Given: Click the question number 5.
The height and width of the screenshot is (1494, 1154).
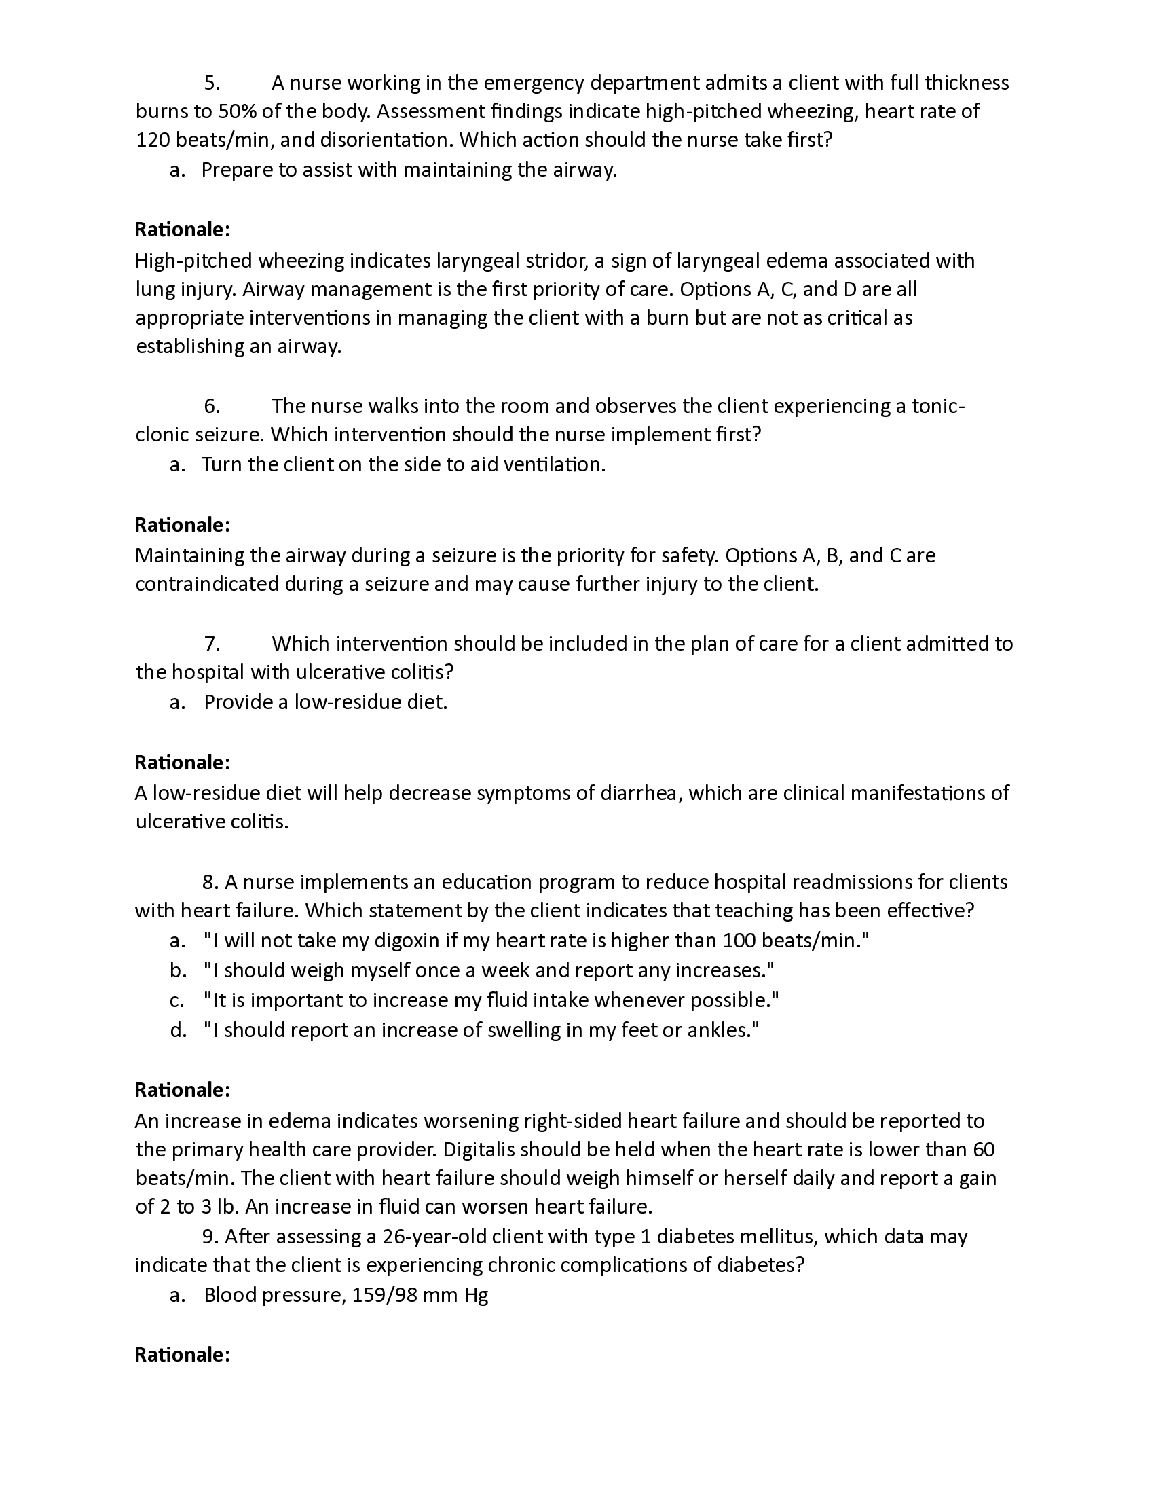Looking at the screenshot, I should (x=212, y=84).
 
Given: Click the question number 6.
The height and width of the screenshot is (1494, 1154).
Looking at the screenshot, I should (x=212, y=406).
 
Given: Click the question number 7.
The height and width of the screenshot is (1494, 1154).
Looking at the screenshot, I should (x=212, y=644).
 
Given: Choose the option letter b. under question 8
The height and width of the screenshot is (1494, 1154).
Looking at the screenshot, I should (x=178, y=970).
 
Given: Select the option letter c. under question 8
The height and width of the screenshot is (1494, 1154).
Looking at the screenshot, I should (x=177, y=1001).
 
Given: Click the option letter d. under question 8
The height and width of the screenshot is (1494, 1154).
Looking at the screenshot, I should (x=178, y=1030).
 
